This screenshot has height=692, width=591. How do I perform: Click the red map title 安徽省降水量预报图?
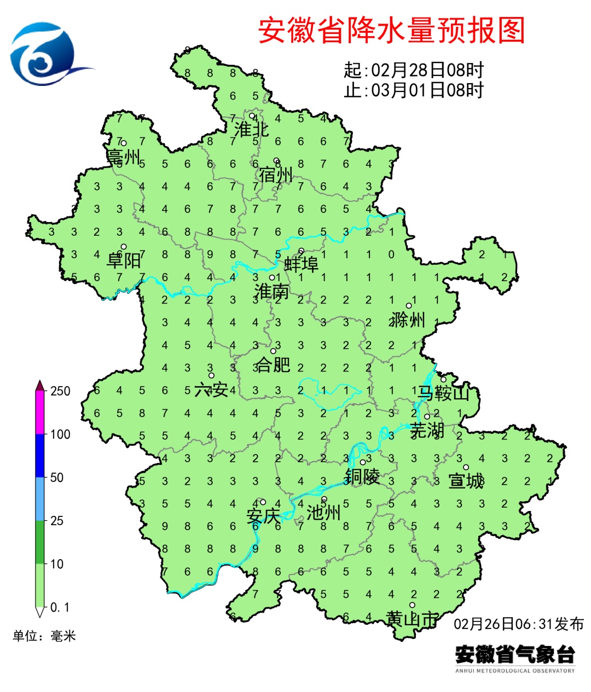pos(392,31)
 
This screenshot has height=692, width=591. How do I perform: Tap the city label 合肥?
pos(274,364)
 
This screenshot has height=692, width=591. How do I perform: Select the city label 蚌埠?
pos(302,265)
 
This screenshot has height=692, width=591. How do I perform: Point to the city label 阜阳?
pos(124,260)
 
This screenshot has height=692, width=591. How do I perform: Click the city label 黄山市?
pos(412,619)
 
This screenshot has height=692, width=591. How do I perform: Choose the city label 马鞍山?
pos(444,393)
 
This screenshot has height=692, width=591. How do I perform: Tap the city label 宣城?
pos(466,481)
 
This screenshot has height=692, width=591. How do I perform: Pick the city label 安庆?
pos(263,515)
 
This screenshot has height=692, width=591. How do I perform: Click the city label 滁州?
pos(408,319)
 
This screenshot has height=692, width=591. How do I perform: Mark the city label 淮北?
pos(252,130)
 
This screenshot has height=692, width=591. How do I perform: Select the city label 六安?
pos(211,389)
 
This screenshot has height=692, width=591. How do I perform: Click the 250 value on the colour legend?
pos(60,391)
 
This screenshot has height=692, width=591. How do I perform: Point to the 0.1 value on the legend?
pos(60,607)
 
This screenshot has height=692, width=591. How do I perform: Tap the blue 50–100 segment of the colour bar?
pos(40,456)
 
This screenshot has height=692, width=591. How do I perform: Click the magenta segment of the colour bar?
pos(40,412)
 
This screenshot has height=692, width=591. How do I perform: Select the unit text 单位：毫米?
pos(44,636)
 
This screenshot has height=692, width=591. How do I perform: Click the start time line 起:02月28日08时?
pos(414,70)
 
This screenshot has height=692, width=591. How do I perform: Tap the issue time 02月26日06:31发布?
pos(519,624)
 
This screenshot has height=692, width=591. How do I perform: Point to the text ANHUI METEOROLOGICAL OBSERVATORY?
pos(515,671)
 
